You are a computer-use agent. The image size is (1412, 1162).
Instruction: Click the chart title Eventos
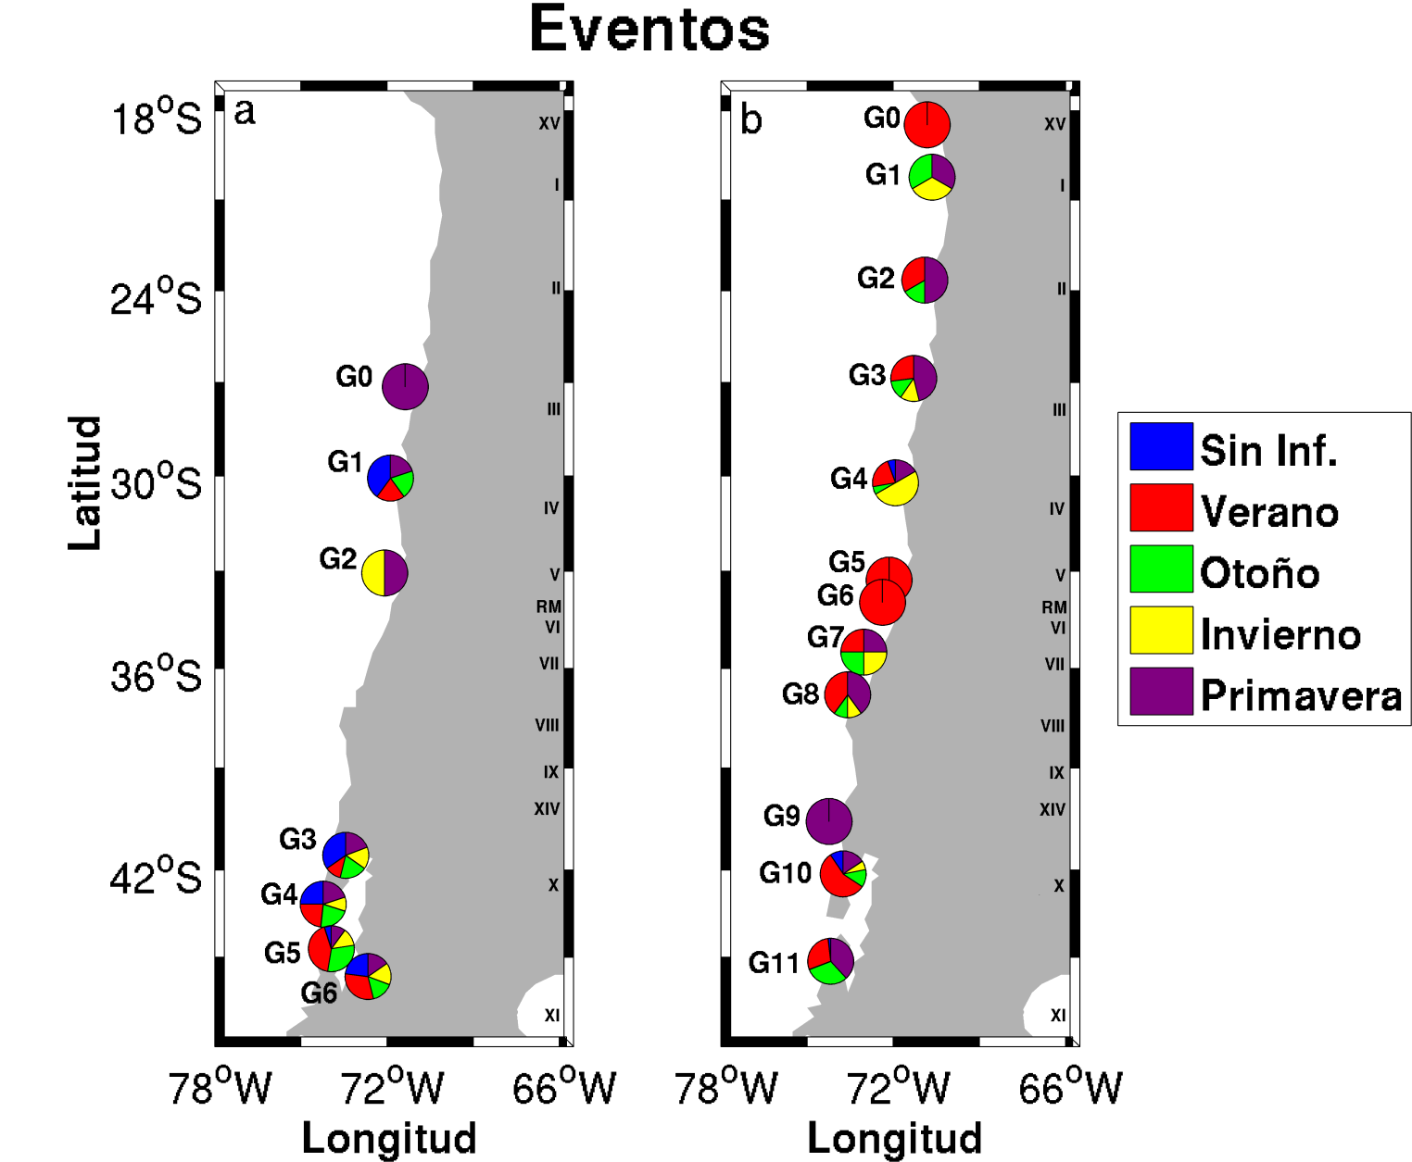[x=649, y=30]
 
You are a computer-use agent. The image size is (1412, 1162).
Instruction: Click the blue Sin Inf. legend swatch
[x=1161, y=446]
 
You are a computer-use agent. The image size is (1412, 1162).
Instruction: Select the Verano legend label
[x=1269, y=512]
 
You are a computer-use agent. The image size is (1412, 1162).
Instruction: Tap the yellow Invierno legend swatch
[x=1161, y=631]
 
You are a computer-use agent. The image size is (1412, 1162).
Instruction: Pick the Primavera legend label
[x=1301, y=695]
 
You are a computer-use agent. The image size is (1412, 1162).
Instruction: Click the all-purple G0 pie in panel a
[x=405, y=386]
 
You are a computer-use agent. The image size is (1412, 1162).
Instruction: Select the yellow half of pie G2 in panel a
[x=373, y=572]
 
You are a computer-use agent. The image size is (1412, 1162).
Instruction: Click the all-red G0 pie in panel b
[x=927, y=124]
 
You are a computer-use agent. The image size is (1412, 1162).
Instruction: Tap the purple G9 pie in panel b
[x=828, y=820]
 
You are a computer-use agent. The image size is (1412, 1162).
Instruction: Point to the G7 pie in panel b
[x=864, y=652]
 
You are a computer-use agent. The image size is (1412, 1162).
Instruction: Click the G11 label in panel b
[x=774, y=963]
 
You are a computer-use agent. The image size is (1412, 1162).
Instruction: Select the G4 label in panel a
[x=279, y=894]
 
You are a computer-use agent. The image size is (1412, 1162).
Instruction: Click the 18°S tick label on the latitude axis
[x=156, y=118]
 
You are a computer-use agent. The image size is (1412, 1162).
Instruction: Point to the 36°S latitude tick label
[x=156, y=675]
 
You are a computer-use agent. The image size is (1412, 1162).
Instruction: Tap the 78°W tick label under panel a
[x=220, y=1088]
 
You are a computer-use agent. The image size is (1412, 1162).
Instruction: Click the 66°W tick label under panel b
[x=1070, y=1088]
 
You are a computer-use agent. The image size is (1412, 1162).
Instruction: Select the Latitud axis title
[x=84, y=481]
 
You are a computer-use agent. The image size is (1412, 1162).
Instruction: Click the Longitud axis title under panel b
[x=894, y=1138]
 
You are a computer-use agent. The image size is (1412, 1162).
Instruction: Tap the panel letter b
[x=750, y=120]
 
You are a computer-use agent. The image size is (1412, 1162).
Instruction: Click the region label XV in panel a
[x=549, y=123]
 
